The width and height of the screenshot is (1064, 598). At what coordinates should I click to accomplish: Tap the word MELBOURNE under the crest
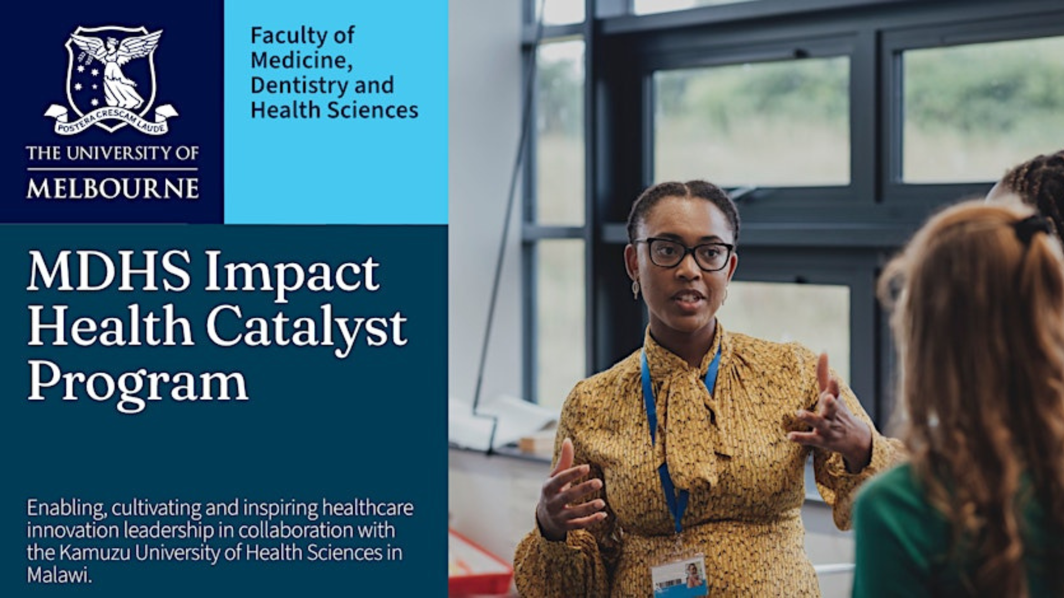pos(112,189)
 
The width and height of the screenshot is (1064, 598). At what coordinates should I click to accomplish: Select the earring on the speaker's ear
pos(635,287)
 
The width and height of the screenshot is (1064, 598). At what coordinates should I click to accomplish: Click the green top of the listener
pos(909,537)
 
